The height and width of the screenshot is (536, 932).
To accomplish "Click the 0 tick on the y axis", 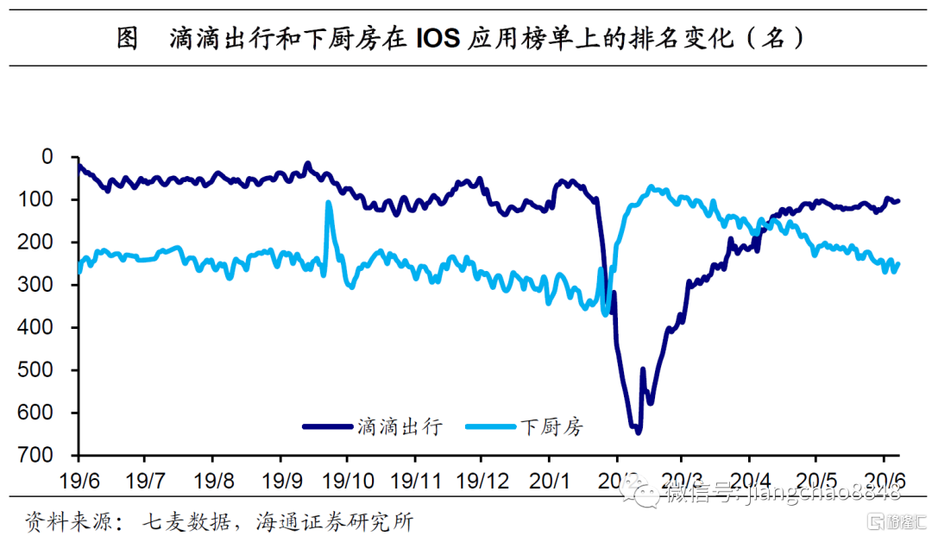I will point(47,157).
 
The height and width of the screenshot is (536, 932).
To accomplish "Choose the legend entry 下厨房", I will point(551,426).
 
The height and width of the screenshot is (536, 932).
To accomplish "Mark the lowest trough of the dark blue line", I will point(638,431).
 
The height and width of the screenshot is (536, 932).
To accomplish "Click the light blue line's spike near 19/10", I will point(329,203).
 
